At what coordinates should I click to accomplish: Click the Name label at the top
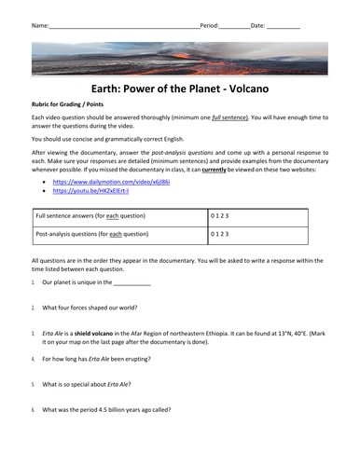pyautogui.click(x=40, y=25)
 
